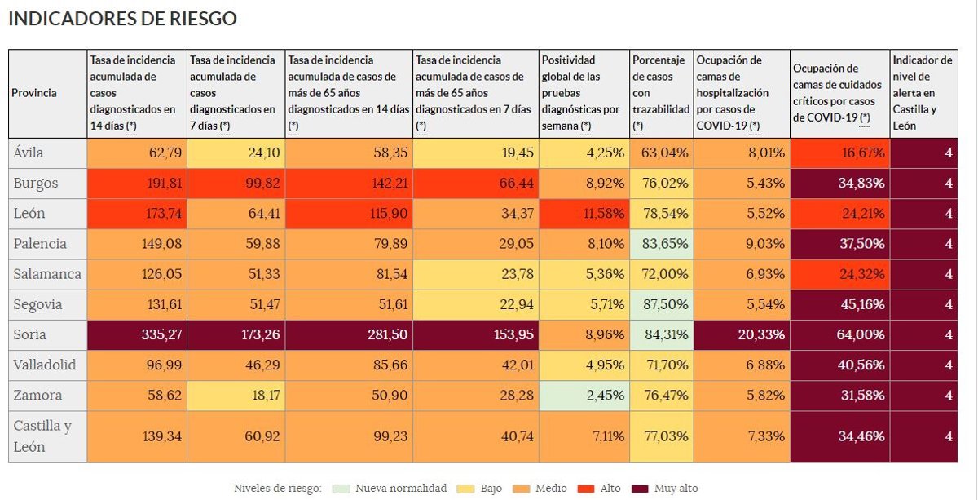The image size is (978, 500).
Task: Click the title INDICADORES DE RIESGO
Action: (x=122, y=19)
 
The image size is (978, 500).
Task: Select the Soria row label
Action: (x=29, y=334)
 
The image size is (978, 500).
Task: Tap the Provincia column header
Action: (x=34, y=93)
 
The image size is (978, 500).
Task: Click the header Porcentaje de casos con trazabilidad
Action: (x=661, y=93)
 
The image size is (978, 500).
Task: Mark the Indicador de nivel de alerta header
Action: (x=923, y=93)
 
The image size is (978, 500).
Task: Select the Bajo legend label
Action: (x=491, y=489)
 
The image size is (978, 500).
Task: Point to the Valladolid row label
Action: (x=45, y=365)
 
